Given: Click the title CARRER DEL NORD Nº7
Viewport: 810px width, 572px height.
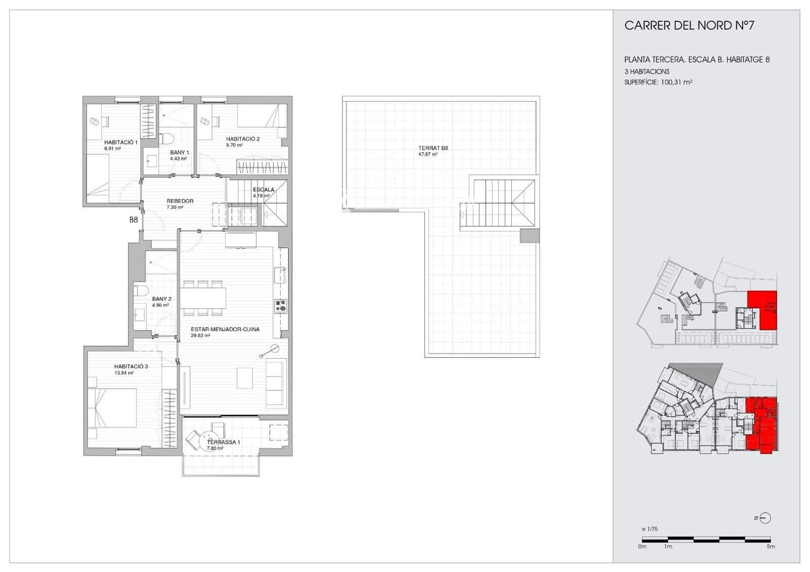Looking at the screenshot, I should coord(689,25).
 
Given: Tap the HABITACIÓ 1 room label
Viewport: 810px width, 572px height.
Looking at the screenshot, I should coord(120,143).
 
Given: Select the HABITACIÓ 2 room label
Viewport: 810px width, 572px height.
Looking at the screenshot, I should coord(242,139).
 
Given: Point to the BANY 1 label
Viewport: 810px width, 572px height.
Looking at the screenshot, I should coord(179,153).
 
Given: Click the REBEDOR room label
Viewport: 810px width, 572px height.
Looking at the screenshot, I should coord(180,201).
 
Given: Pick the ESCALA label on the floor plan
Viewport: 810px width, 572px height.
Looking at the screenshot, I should coord(263,190).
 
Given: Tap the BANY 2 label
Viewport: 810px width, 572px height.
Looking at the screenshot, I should coord(161,299).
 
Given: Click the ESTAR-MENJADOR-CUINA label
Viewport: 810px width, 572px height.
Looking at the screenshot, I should coord(225,330).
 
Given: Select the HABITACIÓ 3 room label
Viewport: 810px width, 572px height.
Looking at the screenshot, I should coord(131,366).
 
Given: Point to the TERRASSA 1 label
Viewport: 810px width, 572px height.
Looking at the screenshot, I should coord(223,442).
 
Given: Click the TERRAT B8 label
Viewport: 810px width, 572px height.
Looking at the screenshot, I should coord(433,148).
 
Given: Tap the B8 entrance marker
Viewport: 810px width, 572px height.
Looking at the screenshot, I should coord(133,220).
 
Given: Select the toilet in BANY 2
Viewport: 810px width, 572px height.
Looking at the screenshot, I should coord(141,291).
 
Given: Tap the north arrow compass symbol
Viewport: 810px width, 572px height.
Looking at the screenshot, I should coord(765,518).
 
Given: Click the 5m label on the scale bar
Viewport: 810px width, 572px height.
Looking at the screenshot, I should coord(770,547).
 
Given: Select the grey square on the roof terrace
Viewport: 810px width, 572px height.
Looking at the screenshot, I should coord(530,236).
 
